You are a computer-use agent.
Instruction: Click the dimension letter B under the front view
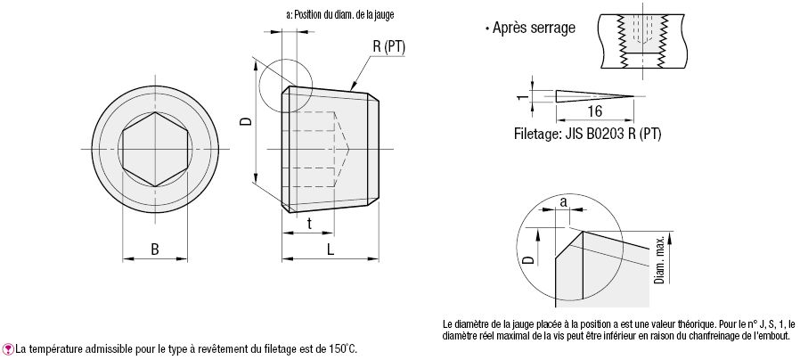(154, 250)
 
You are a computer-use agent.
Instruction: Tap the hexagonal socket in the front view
(154, 148)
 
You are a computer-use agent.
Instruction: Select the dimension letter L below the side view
(331, 250)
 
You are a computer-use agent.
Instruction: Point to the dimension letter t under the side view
(309, 224)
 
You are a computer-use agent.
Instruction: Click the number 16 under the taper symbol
(595, 111)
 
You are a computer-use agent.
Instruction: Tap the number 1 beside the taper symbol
(521, 95)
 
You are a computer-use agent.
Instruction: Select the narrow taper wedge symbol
(593, 95)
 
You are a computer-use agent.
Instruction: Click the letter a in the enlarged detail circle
(564, 202)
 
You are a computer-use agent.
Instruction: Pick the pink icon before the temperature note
(9, 348)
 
